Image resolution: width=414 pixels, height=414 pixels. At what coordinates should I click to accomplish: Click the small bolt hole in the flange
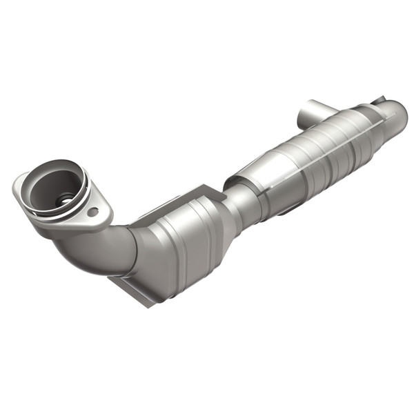[x=93, y=212]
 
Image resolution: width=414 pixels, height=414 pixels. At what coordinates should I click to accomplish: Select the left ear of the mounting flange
[x=21, y=186]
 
